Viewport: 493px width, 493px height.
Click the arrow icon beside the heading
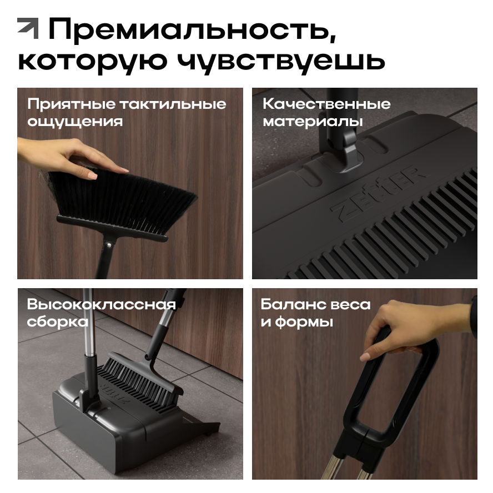click(28, 28)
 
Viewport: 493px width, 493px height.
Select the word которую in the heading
click(92, 61)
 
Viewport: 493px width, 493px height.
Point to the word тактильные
click(173, 104)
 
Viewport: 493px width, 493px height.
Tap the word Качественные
click(326, 104)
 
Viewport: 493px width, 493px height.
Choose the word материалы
click(313, 121)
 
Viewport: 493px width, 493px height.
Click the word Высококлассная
click(101, 304)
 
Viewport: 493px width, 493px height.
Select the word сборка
click(58, 321)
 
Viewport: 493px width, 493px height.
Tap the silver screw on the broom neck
click(108, 243)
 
